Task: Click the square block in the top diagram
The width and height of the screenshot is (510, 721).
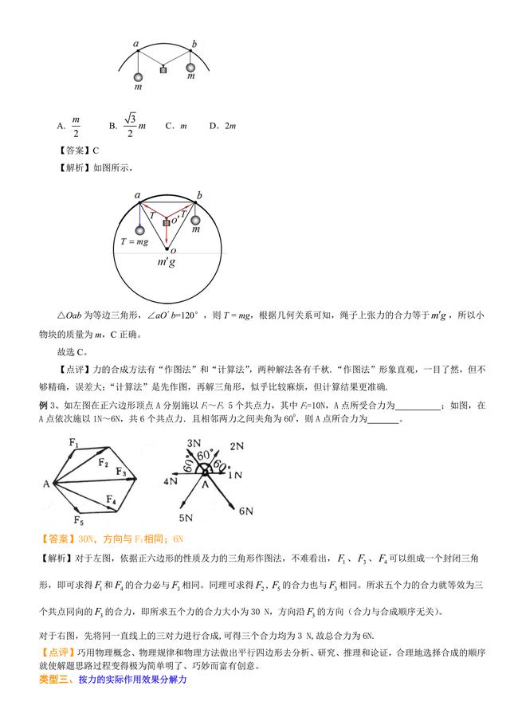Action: pyautogui.click(x=164, y=70)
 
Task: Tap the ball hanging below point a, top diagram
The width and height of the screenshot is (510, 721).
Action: pyautogui.click(x=138, y=77)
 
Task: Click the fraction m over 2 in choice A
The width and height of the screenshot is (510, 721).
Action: pyautogui.click(x=76, y=126)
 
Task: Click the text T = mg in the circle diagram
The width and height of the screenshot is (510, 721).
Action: pyautogui.click(x=135, y=241)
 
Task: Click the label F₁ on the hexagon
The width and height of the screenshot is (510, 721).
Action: pyautogui.click(x=74, y=443)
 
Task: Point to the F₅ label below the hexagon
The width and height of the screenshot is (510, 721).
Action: pyautogui.click(x=78, y=520)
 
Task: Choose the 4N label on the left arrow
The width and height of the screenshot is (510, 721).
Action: pyautogui.click(x=171, y=482)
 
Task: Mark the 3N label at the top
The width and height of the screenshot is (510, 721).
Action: pyautogui.click(x=193, y=442)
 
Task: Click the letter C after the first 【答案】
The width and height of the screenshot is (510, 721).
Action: pyautogui.click(x=96, y=149)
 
